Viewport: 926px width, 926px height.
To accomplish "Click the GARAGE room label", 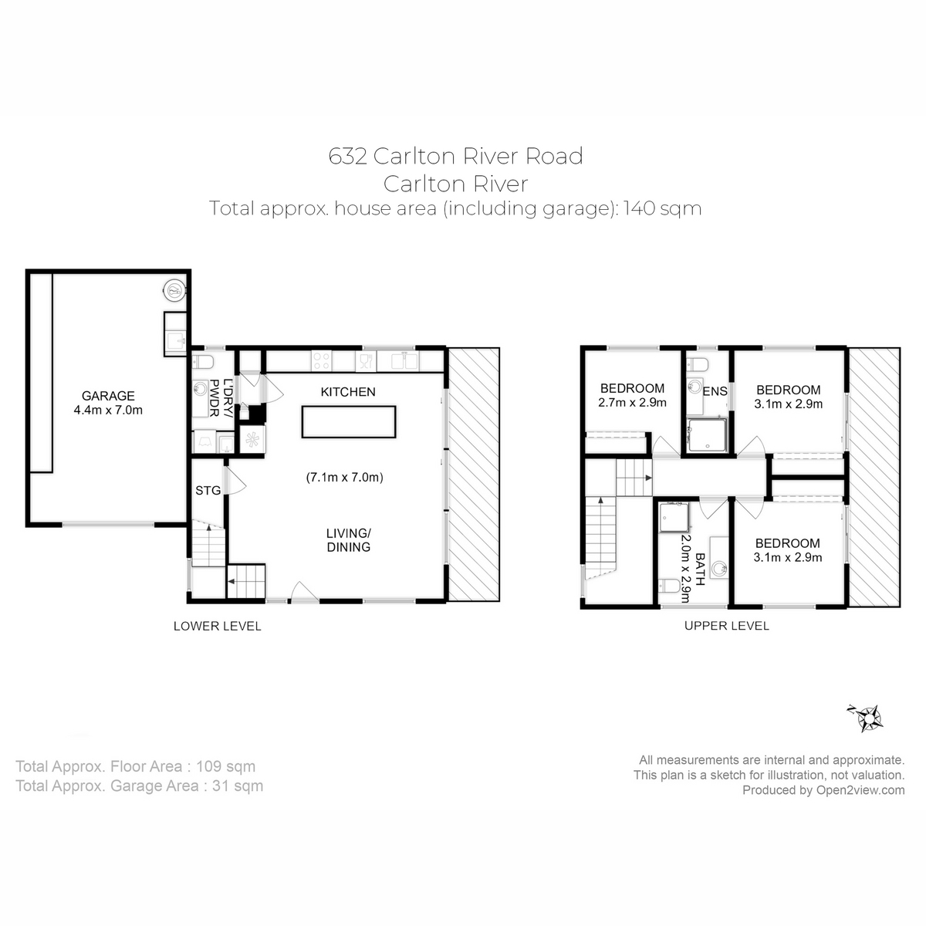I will coord(108,396).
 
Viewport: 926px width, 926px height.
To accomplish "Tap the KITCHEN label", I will coord(348,392).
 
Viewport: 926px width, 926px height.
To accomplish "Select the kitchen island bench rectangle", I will coord(349,422).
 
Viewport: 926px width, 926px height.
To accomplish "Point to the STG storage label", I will coord(208,490).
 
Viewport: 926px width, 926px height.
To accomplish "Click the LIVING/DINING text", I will coord(348,540).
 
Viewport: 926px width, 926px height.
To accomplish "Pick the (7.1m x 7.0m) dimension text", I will coord(345,478).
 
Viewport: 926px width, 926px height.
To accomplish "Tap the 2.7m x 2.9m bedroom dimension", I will coord(632,402).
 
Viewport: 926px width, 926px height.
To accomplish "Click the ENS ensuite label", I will coord(715,392).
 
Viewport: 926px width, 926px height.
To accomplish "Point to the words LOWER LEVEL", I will coord(217,626).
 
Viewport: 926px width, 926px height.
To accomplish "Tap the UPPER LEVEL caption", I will coord(726,626).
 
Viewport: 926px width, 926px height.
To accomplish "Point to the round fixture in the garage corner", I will coord(175,291).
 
